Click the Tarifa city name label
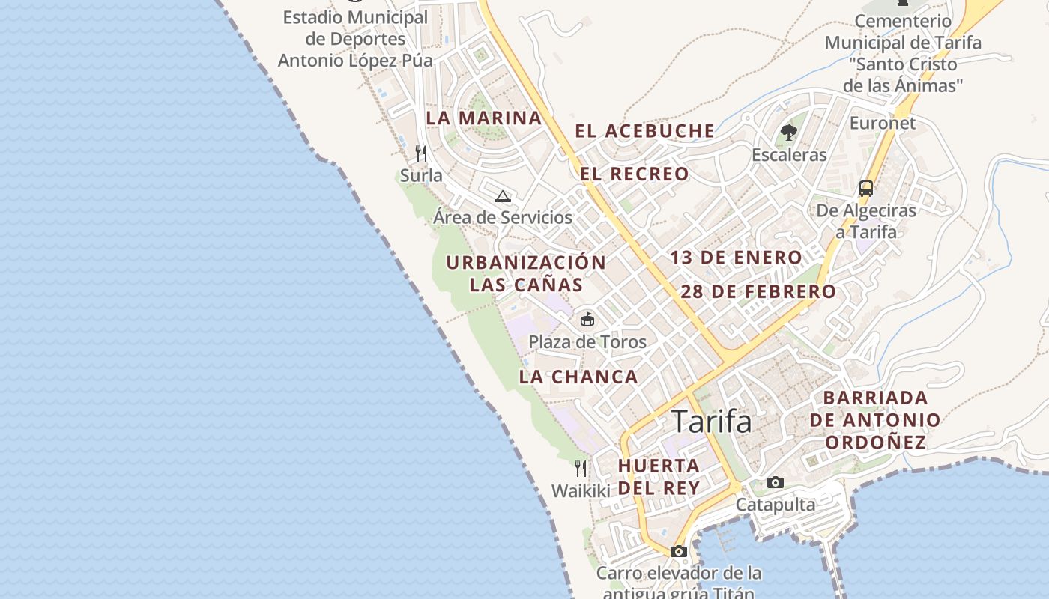(x=711, y=422)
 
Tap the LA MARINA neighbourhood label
(x=483, y=118)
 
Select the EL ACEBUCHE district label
(x=644, y=131)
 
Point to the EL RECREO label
(x=634, y=174)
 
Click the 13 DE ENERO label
(x=736, y=258)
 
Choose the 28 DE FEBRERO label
(x=758, y=291)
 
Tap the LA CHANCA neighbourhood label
(x=578, y=377)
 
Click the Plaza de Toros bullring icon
(x=587, y=320)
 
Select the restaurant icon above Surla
(x=421, y=153)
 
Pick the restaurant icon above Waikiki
(x=581, y=469)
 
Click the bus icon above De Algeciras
(x=866, y=188)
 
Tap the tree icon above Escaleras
(x=788, y=133)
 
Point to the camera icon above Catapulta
(x=776, y=483)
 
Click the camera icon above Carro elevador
(x=679, y=552)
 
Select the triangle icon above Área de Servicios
(x=502, y=197)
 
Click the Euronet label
(x=883, y=123)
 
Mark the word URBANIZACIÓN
(x=526, y=263)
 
